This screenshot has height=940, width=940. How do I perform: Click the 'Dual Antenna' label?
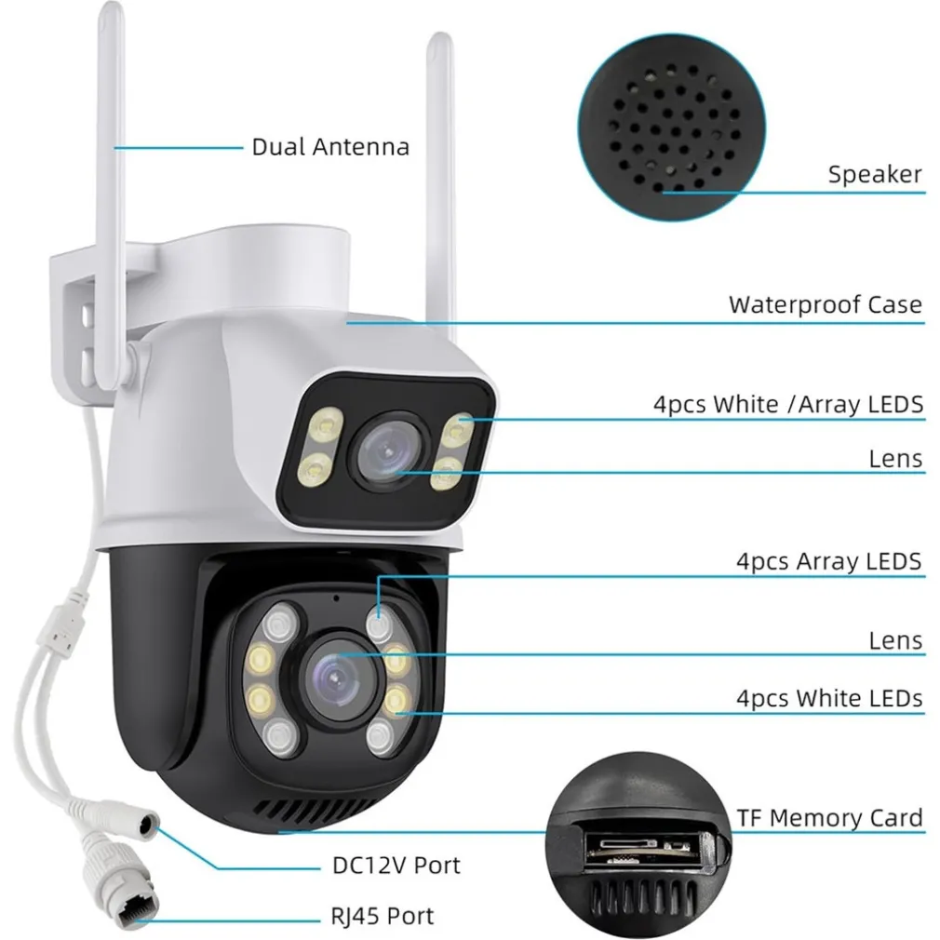coord(330,147)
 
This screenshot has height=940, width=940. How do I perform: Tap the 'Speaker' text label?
coord(875,174)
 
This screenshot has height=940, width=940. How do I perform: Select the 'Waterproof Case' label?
coord(825,304)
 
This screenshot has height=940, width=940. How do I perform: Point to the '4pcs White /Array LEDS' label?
coord(787,404)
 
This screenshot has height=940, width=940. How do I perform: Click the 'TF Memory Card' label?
coord(830,818)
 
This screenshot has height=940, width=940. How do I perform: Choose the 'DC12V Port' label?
coord(396,865)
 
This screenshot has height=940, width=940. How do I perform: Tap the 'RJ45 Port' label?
coord(382,916)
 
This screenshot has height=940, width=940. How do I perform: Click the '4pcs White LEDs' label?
coord(829,698)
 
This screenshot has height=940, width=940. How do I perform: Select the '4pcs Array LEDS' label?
coord(828,561)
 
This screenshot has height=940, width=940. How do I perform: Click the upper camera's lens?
coord(391,450)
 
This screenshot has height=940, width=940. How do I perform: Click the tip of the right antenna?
coord(436,42)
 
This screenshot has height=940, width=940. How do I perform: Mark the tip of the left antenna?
coord(114,11)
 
